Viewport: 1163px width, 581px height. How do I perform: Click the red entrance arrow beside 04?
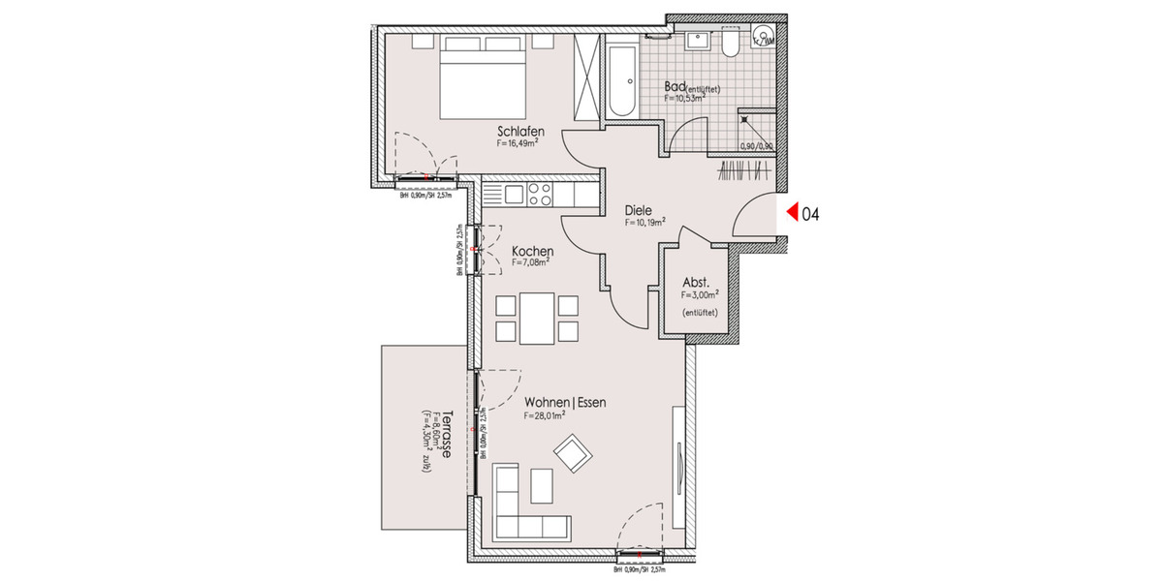point(791,213)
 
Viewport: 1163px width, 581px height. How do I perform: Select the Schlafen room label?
point(519,132)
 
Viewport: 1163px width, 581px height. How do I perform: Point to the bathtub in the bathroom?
point(621,78)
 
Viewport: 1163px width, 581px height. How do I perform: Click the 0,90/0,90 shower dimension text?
point(755,146)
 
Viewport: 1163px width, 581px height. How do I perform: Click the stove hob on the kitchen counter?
point(538,196)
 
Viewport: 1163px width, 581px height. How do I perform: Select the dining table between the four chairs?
point(536,318)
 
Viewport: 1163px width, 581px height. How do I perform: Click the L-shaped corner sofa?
point(519,504)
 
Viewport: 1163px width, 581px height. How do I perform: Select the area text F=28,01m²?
point(544,416)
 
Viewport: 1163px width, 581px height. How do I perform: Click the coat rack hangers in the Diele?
point(746,174)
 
